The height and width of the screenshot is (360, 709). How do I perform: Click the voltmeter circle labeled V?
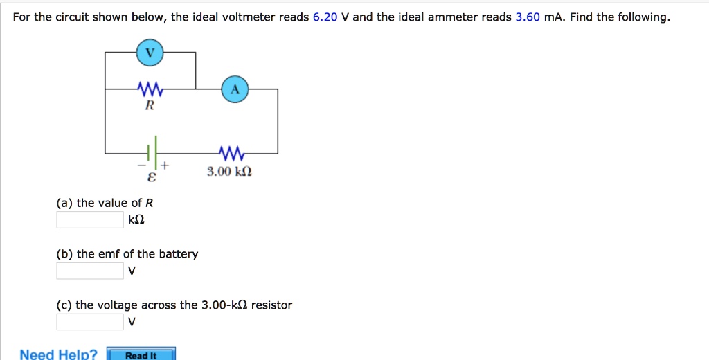[150, 53]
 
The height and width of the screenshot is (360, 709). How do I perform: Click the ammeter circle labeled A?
[235, 89]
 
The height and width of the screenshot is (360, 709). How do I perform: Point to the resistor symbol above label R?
[150, 89]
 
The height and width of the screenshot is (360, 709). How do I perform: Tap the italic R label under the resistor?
[149, 106]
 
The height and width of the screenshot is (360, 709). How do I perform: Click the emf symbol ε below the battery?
[152, 178]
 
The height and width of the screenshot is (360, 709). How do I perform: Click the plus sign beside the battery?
[165, 166]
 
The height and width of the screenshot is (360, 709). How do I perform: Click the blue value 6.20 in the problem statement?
[325, 17]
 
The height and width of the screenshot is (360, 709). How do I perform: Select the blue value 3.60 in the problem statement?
[528, 17]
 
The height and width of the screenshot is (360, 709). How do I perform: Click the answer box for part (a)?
[90, 220]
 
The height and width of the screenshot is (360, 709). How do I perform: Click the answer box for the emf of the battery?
[90, 271]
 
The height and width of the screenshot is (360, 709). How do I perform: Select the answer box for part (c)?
[90, 322]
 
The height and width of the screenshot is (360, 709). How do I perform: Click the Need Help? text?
[59, 354]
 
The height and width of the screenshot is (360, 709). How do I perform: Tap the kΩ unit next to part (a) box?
[136, 220]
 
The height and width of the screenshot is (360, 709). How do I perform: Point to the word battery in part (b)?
[179, 254]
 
